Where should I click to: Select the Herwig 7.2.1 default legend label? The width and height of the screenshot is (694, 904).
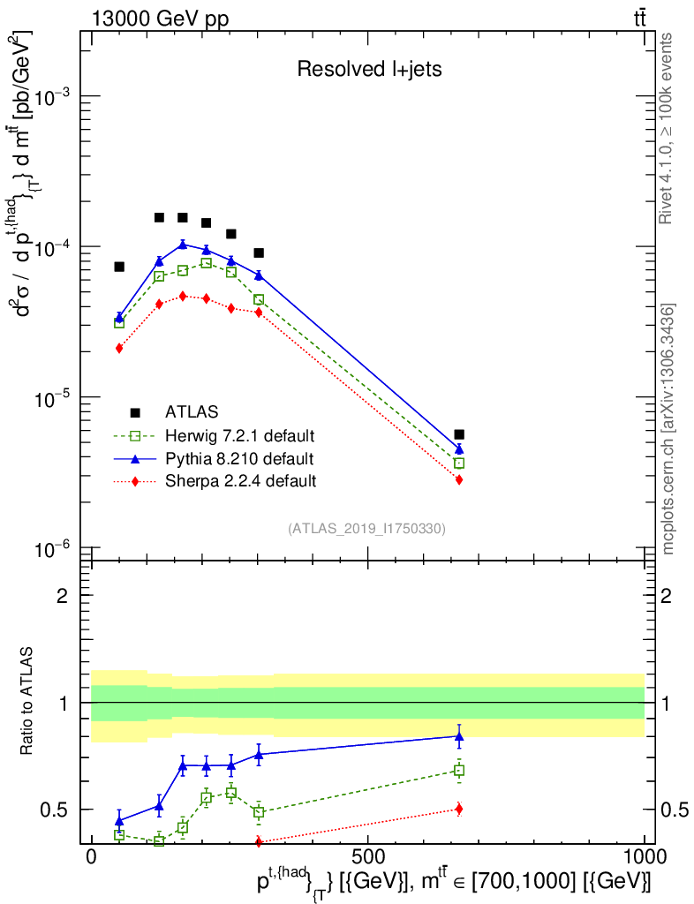pos(240,436)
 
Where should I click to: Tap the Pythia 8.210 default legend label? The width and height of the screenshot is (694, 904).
pos(239,459)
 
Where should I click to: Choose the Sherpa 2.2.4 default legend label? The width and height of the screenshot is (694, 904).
pos(240,481)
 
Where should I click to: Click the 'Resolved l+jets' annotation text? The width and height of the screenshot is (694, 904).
pos(369,70)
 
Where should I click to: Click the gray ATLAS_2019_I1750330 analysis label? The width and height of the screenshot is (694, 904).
pos(366,529)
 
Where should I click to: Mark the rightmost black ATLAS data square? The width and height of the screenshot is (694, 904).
pos(459,434)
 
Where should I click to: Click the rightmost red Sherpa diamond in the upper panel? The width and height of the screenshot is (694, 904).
pos(459,479)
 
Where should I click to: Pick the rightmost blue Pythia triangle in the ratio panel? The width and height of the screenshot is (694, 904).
pos(459,735)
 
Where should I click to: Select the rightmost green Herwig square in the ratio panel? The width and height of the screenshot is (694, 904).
pos(459,771)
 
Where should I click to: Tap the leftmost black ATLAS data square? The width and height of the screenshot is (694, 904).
pos(119,267)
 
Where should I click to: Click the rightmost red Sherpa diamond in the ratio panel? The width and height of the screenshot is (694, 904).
pos(459,809)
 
